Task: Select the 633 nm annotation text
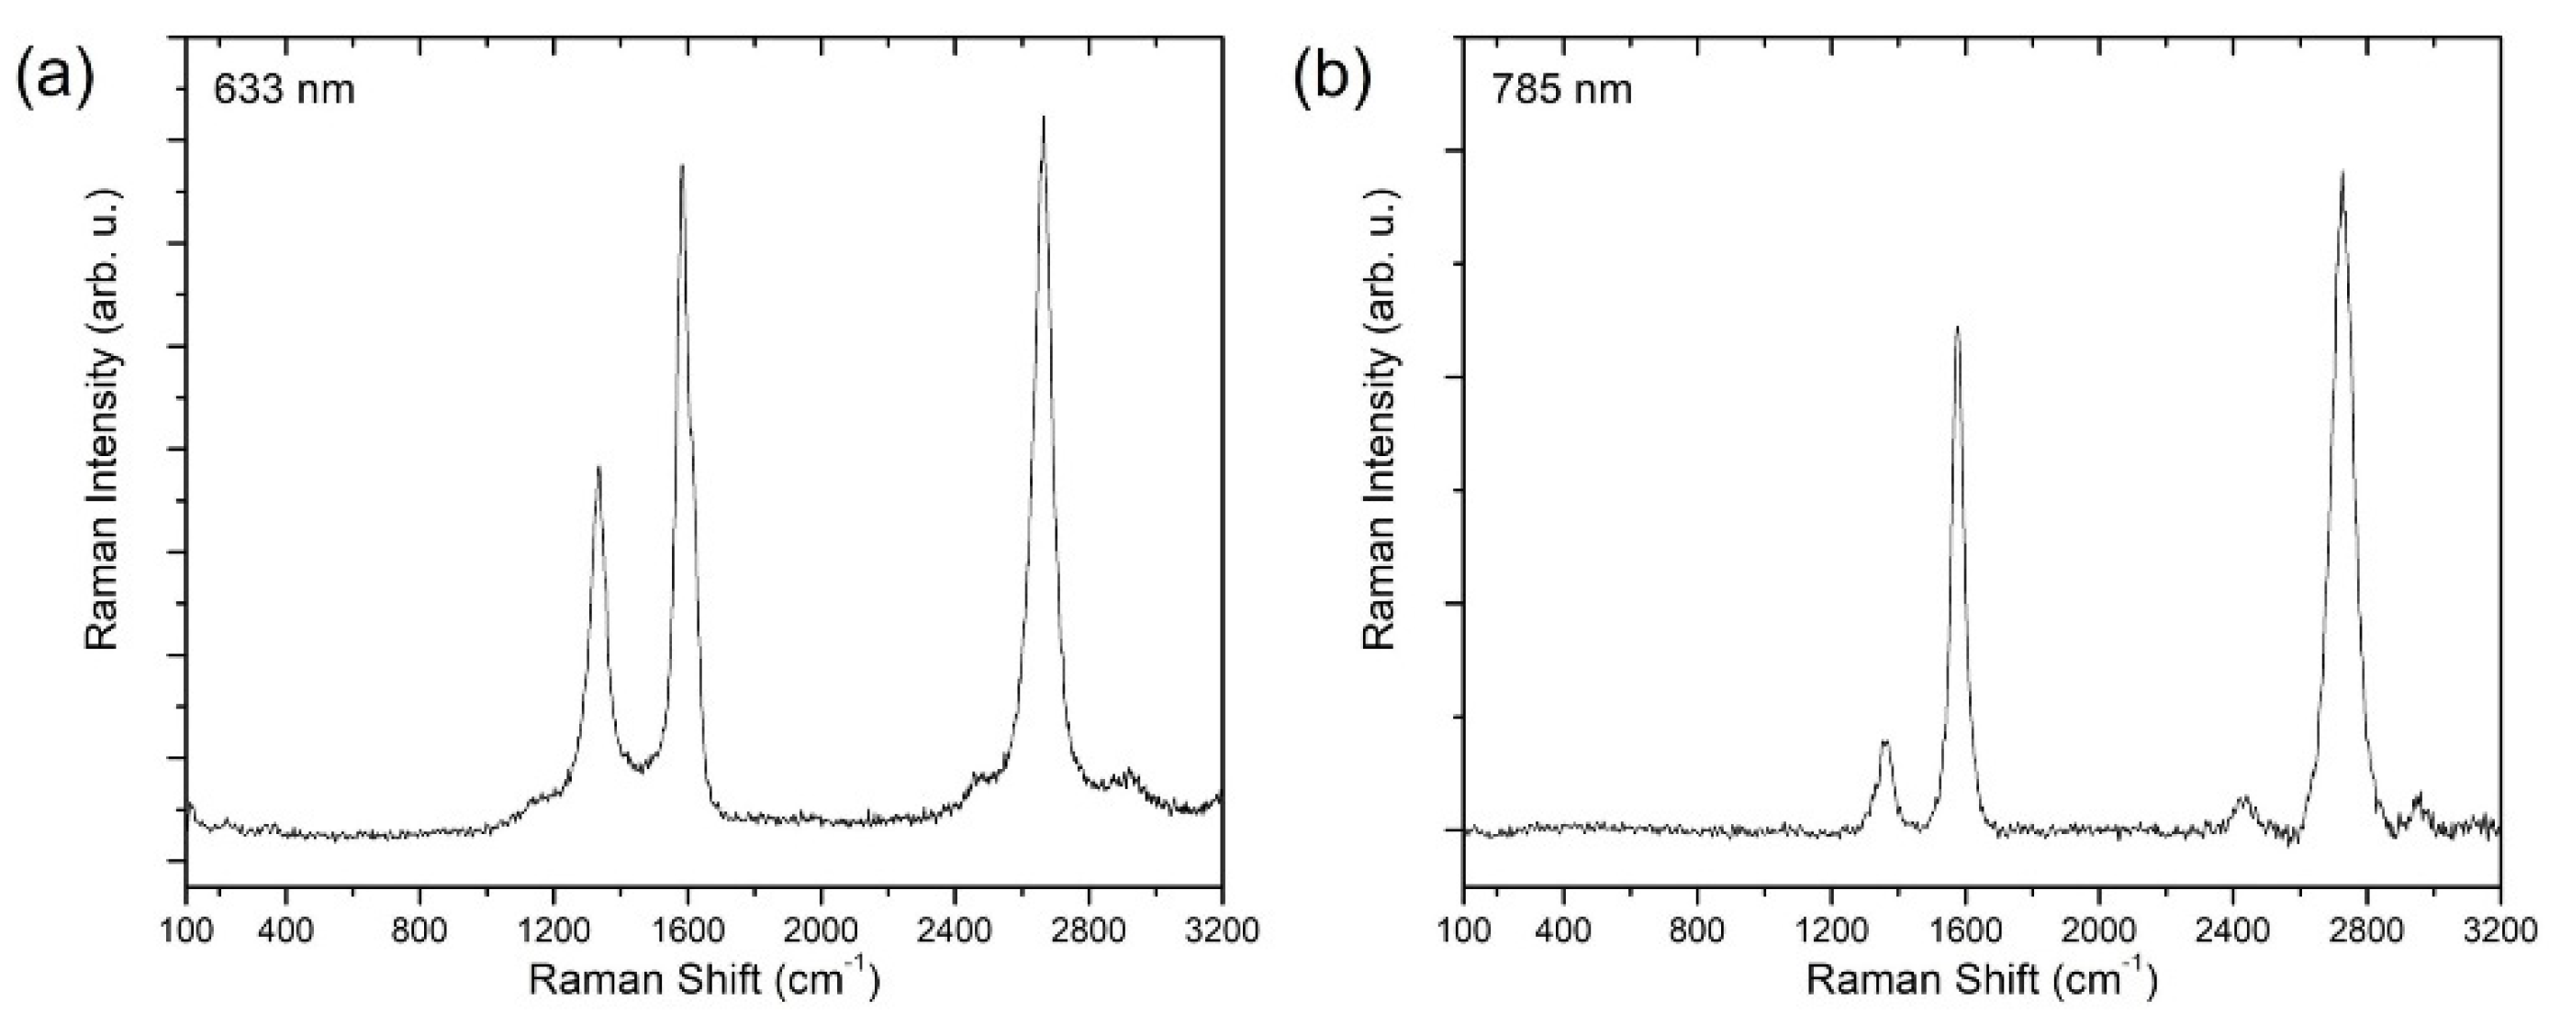click(x=284, y=90)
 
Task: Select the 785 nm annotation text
click(x=1562, y=90)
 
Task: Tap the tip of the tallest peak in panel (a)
click(x=1043, y=117)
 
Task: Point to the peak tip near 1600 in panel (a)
click(x=682, y=166)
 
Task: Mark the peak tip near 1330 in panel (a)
click(x=598, y=467)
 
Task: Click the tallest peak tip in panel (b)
click(x=2342, y=200)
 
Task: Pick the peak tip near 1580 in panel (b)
click(x=1956, y=328)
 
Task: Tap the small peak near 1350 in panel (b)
click(x=1885, y=741)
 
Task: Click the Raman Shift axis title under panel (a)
click(x=702, y=980)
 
